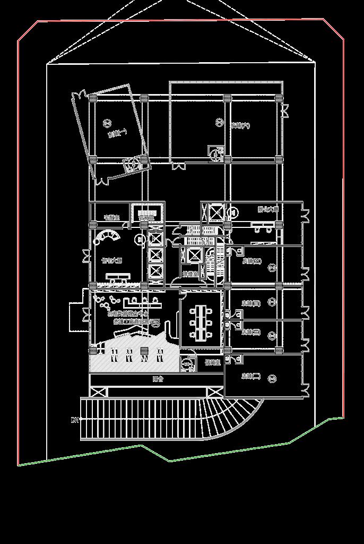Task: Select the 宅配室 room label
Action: (111, 217)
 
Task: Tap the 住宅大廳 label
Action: (111, 260)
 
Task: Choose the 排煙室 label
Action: (190, 274)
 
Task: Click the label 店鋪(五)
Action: (252, 261)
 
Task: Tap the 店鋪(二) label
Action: (250, 376)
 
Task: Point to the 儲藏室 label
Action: (213, 363)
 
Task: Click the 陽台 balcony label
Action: (158, 379)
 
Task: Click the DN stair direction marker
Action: (75, 420)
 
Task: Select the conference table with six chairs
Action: (200, 322)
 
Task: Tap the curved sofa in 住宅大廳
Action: (109, 235)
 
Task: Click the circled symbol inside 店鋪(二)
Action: (272, 378)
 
